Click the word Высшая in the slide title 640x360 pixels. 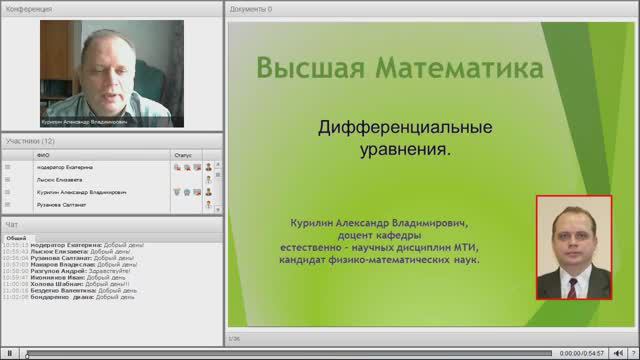306,69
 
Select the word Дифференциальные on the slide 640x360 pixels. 404,129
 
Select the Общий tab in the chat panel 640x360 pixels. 16,238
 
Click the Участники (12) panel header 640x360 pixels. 30,142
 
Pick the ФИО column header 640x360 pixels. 43,156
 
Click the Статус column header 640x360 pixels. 182,156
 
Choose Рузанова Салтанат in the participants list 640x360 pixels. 61,204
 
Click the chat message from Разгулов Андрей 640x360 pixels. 80,270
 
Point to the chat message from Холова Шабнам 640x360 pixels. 80,283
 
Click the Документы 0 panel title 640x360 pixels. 250,8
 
